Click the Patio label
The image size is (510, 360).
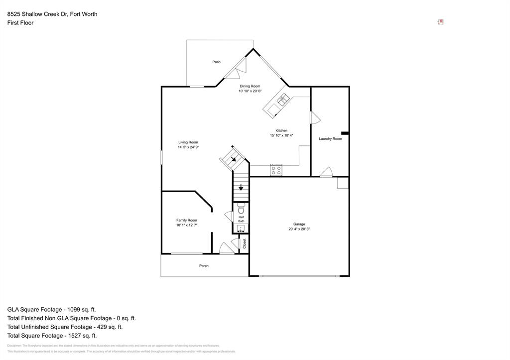[x=216, y=62]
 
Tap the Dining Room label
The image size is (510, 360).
[x=250, y=86]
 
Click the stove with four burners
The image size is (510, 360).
[x=276, y=170]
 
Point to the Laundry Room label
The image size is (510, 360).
[x=330, y=138]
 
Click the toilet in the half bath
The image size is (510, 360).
[x=241, y=209]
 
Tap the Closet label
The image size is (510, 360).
[x=245, y=243]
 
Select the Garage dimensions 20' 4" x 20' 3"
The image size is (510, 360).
[x=299, y=229]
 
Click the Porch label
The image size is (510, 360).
[x=204, y=266]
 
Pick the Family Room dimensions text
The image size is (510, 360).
[x=187, y=225]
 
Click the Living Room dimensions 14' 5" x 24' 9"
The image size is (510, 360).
[x=188, y=147]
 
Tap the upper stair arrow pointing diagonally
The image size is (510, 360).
[x=233, y=159]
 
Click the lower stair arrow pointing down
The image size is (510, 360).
[x=241, y=188]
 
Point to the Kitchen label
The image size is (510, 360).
[x=281, y=130]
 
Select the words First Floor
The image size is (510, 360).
[x=20, y=23]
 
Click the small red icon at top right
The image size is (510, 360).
[x=440, y=22]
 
